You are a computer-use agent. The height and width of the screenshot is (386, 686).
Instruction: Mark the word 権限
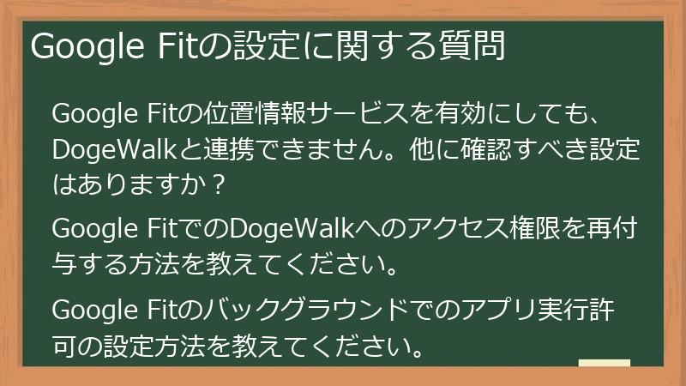537,230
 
